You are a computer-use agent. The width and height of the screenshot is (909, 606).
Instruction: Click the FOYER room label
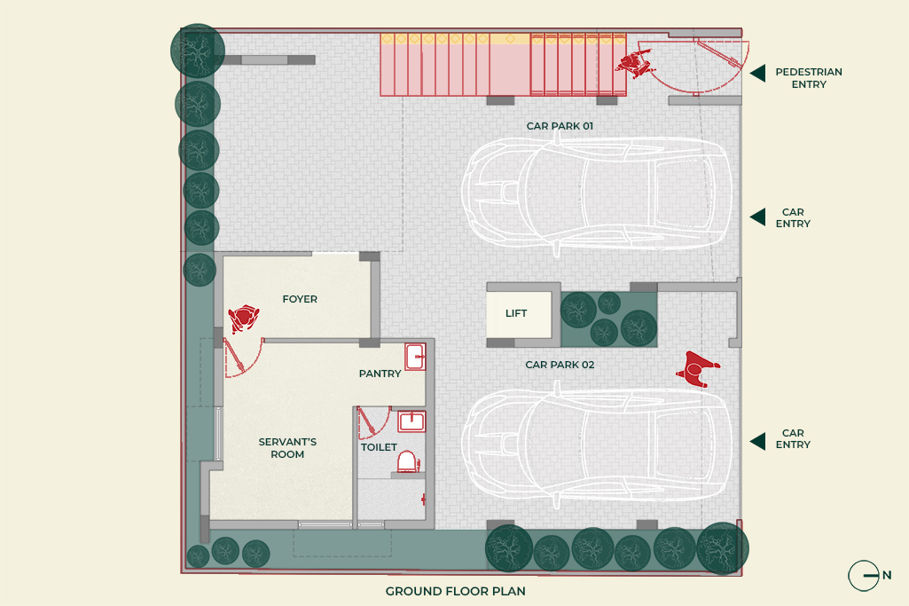(x=300, y=299)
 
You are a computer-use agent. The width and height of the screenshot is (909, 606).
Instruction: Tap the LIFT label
(x=516, y=313)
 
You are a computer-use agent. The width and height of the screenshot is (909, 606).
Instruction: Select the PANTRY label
(x=380, y=374)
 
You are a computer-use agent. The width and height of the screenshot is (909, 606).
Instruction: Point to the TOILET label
(x=379, y=447)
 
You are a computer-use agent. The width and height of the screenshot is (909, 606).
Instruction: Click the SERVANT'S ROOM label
(x=287, y=448)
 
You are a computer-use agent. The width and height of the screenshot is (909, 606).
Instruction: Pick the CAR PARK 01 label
(x=560, y=126)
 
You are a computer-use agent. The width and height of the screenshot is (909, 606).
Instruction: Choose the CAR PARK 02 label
(x=560, y=365)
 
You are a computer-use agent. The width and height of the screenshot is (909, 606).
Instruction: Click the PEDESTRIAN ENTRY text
(x=809, y=78)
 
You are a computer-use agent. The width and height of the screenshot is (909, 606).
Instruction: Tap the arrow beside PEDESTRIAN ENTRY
(x=757, y=73)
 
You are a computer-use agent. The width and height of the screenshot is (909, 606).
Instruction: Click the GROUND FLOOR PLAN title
(x=456, y=591)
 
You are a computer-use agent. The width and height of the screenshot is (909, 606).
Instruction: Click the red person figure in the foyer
(x=244, y=319)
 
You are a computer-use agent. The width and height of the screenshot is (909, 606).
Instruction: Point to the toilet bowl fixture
(x=408, y=461)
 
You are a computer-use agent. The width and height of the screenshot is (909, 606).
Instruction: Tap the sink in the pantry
(x=415, y=357)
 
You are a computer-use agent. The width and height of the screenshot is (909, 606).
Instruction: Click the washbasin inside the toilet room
(x=411, y=421)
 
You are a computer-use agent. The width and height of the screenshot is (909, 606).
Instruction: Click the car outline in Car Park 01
(x=596, y=193)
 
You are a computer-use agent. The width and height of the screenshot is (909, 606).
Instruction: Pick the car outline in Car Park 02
(x=596, y=443)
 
